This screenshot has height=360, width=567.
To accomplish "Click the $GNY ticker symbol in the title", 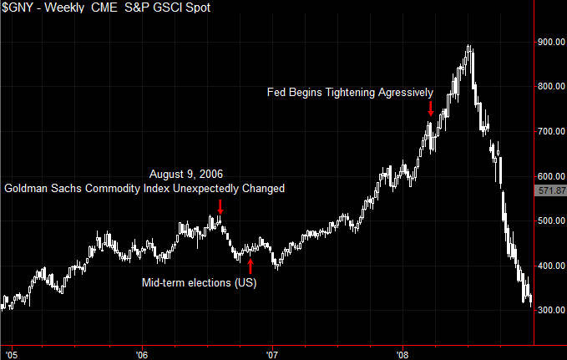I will click(x=19, y=8).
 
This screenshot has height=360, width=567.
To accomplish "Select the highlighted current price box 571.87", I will click(x=549, y=191).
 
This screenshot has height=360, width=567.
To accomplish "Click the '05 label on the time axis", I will click(x=10, y=353).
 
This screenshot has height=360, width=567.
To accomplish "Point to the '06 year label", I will click(x=141, y=353).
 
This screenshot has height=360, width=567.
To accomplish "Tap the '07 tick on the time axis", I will click(x=272, y=353).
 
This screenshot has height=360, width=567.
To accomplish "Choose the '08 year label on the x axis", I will click(x=403, y=353).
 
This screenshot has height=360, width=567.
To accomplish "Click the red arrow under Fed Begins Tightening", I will click(x=430, y=109).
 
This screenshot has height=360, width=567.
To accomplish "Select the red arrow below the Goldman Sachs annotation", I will click(x=220, y=206).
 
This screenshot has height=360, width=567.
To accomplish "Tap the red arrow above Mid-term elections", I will click(x=251, y=266).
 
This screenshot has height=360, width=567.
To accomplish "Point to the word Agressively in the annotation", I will click(x=406, y=92).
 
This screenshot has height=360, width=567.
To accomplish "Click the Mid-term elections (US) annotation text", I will click(x=197, y=283).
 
